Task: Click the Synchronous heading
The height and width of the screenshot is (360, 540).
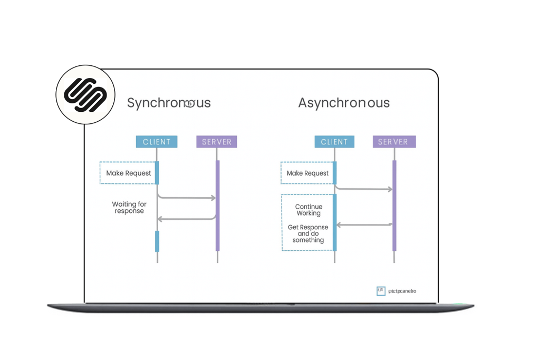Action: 169,103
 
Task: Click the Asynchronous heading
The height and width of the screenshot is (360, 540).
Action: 344,103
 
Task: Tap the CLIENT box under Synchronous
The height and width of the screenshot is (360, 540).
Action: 157,142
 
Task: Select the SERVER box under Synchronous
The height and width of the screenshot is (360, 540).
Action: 217,142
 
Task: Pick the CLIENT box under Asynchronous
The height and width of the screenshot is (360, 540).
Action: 334,142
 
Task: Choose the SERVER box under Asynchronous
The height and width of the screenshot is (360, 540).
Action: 394,142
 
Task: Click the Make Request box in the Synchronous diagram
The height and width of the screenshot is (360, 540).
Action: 128,173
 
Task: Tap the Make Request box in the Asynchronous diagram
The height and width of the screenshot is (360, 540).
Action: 307,173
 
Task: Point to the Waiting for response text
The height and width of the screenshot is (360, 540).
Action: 129,207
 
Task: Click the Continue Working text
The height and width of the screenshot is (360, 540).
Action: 308,210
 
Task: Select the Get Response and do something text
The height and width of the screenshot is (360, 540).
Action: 308,233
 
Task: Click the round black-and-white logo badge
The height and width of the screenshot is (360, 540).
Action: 85,95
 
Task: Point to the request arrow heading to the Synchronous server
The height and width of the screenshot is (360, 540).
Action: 187,198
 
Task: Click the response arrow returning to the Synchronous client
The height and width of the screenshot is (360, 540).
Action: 187,219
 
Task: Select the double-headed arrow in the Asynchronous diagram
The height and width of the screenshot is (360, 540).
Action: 364,225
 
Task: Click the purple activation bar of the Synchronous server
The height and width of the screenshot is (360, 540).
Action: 217,206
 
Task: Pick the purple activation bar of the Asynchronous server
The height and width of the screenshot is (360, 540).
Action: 394,206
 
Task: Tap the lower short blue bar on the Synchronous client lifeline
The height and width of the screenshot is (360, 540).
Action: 157,241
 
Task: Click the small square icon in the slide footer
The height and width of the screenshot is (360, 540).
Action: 381,290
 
